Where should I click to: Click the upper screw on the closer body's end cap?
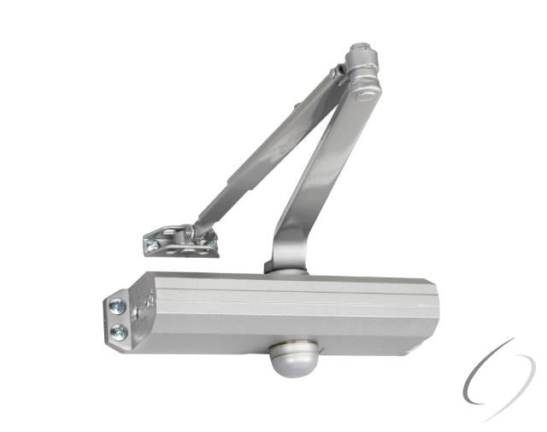point(118,306)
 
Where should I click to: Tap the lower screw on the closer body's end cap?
point(118,329)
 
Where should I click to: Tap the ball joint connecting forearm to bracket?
point(198,230)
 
